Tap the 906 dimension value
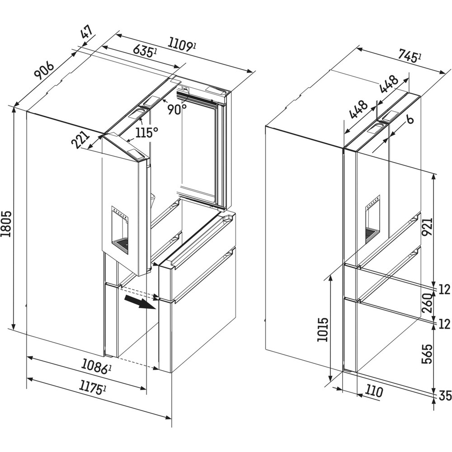pyautogui.click(x=44, y=70)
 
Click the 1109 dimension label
pyautogui.click(x=182, y=44)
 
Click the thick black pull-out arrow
pyautogui.click(x=140, y=304)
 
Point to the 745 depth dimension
pyautogui.click(x=410, y=56)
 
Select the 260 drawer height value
pyautogui.click(x=428, y=304)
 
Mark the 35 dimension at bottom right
pyautogui.click(x=445, y=395)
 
